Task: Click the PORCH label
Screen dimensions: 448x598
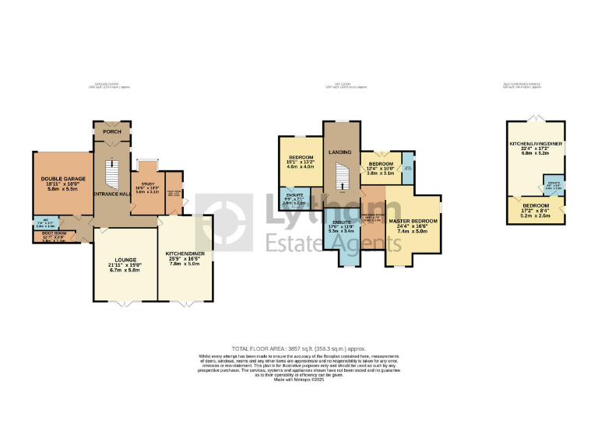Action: point(112,131)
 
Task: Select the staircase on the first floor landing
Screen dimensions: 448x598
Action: point(340,181)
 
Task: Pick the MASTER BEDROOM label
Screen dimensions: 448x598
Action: point(414,222)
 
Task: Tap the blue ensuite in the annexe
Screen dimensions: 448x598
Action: point(553,187)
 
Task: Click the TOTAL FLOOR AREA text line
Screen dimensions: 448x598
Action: point(299,349)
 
